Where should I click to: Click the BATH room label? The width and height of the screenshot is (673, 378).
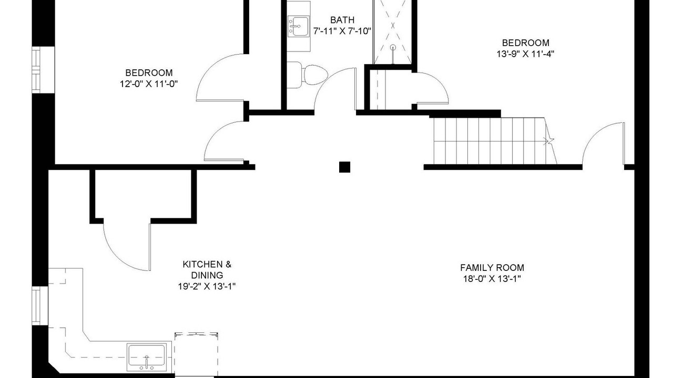pos(342,20)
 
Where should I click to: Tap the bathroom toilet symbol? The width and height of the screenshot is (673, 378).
pos(307,75)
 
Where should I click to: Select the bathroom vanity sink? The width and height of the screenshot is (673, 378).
pos(298,26)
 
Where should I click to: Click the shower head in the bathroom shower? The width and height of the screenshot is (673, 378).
pos(393,47)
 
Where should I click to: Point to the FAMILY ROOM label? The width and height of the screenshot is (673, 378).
pos(492,268)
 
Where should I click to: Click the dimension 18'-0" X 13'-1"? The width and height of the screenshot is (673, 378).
pos(492,279)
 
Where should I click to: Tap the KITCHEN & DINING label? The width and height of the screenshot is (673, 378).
pos(207,270)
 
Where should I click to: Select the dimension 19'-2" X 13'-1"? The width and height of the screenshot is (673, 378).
pos(207,287)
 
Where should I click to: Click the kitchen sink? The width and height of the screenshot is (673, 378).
pos(147,357)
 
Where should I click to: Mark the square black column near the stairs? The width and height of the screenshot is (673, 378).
pos(344,167)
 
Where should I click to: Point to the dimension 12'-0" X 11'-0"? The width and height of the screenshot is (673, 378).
pos(149,84)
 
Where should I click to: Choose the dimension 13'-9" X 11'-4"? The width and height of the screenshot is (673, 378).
pos(525,54)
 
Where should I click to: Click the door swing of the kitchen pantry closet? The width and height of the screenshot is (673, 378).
pos(119,254)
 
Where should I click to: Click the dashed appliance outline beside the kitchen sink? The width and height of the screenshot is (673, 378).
pos(197,354)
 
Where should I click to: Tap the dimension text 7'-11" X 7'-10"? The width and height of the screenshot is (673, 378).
pos(342,31)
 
